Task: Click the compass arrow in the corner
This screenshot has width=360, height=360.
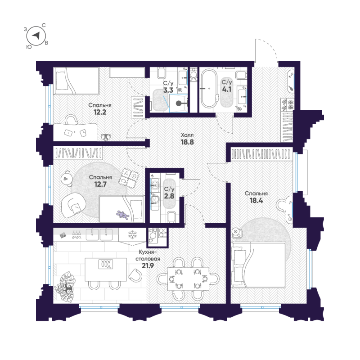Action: tap(38, 36)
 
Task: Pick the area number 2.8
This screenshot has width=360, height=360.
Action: tap(169, 197)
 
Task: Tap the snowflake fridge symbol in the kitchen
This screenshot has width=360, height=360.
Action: tap(133, 234)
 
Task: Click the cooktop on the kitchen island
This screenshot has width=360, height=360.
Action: tap(106, 265)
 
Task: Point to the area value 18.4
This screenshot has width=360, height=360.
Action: tap(253, 201)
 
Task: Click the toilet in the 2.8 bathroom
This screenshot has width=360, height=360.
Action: tap(171, 217)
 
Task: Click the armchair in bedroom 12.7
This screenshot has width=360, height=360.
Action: tap(74, 205)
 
